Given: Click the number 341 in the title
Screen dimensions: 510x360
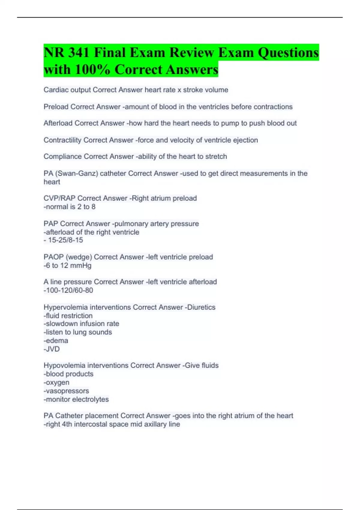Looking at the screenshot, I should (x=79, y=53).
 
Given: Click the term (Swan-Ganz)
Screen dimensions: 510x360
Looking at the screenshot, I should (x=76, y=173).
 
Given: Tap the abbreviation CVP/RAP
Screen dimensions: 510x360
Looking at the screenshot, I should (x=59, y=198).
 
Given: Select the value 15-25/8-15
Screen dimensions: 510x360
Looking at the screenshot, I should (x=65, y=240).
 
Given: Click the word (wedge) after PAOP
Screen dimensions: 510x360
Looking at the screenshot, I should (x=79, y=257).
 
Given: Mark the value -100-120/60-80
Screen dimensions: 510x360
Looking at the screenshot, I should (x=68, y=290).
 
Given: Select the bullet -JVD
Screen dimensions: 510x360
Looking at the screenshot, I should (x=52, y=349).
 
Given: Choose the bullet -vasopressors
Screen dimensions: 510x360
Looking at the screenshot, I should (x=66, y=391).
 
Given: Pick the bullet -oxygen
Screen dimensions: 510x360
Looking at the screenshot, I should (x=56, y=382).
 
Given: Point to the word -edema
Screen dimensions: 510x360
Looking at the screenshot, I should (x=56, y=341).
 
